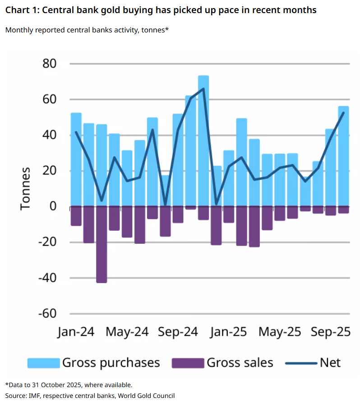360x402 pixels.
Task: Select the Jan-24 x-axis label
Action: click(76, 332)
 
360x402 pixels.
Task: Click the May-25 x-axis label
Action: click(280, 332)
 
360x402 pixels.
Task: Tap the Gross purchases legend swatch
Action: click(43, 363)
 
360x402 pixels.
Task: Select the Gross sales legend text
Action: click(240, 363)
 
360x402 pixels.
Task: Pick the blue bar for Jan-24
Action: click(76, 158)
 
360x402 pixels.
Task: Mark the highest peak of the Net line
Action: click(203, 88)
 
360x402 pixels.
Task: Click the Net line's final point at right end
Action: click(344, 113)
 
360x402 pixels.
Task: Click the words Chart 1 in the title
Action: click(21, 10)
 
